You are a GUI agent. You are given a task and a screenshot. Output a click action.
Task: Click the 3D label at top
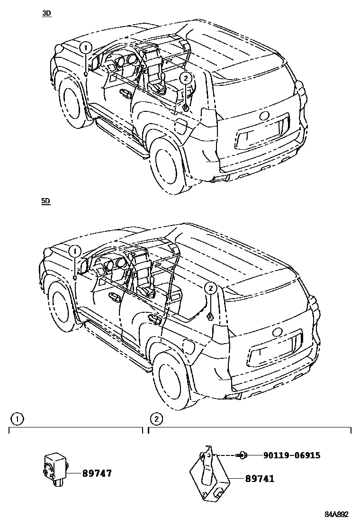(x=46, y=14)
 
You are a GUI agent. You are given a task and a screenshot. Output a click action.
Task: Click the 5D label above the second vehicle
(x=46, y=201)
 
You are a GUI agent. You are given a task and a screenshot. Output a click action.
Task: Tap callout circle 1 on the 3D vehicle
(x=85, y=47)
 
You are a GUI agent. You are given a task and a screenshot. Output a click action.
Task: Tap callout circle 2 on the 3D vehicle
(x=186, y=78)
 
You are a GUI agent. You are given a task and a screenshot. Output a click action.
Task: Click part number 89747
(x=97, y=473)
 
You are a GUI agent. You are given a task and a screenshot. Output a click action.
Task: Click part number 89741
(x=260, y=479)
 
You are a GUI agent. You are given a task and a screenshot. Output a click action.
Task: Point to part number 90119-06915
(x=292, y=455)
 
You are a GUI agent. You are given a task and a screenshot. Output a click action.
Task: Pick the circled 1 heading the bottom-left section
(x=17, y=419)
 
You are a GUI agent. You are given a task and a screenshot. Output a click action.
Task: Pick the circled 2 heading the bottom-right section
(x=156, y=419)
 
